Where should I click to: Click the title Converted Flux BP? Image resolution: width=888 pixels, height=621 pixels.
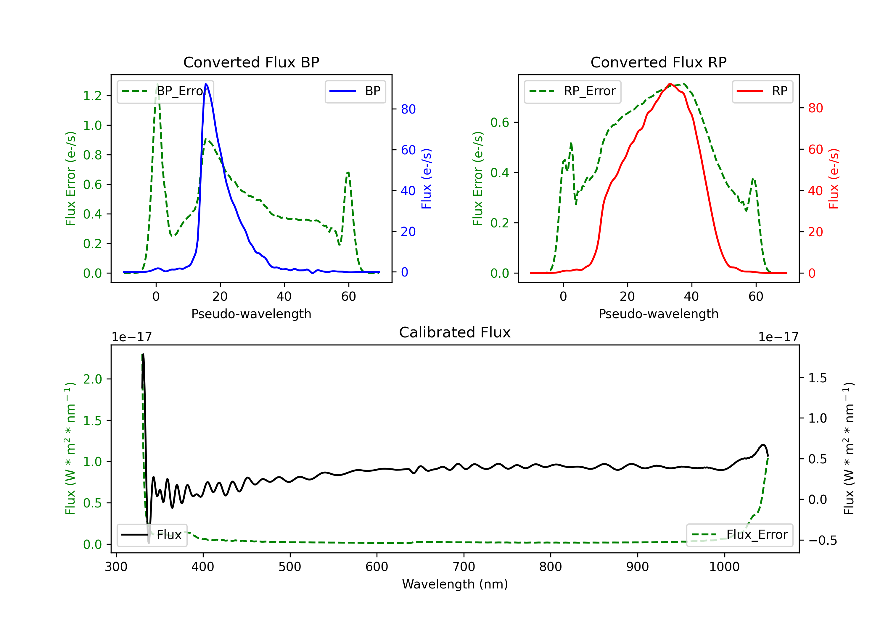(251, 62)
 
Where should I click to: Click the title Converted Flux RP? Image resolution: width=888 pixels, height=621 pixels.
(658, 62)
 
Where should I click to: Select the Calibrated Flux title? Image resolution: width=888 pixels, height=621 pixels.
(455, 332)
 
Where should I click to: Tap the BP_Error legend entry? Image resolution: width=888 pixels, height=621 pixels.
(165, 91)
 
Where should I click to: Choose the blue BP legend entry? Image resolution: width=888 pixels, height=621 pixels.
(355, 91)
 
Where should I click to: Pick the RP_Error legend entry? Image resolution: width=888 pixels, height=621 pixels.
(572, 91)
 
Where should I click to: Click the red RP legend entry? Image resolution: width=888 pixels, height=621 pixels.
(762, 91)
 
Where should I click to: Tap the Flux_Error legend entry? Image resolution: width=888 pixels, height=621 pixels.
(739, 535)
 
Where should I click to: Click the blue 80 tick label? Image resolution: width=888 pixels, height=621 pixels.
(408, 109)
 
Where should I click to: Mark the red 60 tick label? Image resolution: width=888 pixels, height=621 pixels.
(815, 150)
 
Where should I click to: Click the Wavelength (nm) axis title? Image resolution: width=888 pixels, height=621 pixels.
(455, 584)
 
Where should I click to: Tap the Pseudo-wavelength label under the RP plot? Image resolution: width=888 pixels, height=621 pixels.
(658, 314)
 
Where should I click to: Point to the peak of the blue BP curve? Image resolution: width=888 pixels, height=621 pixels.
(206, 84)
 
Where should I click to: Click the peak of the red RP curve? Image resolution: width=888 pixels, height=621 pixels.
(670, 84)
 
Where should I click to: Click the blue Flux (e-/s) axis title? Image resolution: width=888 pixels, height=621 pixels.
(426, 179)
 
